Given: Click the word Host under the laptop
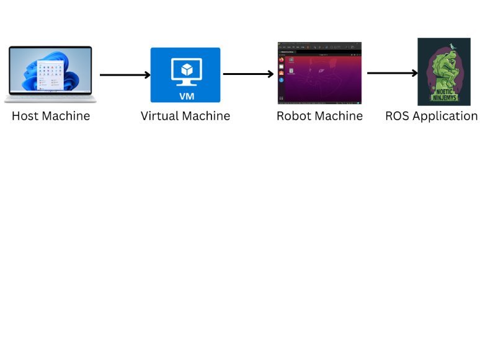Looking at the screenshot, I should point(25,116).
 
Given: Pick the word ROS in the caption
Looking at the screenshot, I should point(397,116).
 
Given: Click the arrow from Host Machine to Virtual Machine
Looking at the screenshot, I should point(125,75).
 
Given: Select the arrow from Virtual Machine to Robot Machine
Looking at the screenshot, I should point(248,74).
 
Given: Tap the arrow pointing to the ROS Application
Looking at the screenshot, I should point(393,73).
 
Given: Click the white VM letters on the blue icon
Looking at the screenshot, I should point(185,96).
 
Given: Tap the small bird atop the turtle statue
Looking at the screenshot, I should point(452,45).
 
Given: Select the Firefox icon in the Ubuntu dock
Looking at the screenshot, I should point(281,59).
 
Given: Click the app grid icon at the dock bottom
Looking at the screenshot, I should point(281,99).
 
